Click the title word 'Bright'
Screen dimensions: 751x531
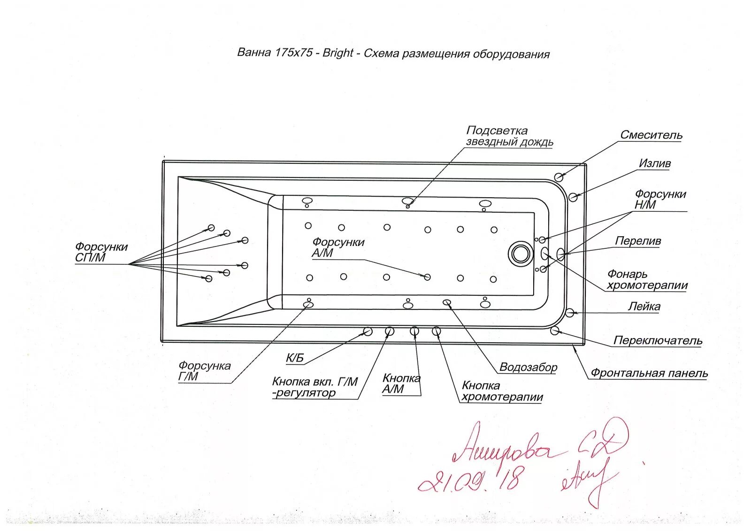pyautogui.click(x=337, y=53)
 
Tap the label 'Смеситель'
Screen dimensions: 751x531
pyautogui.click(x=651, y=135)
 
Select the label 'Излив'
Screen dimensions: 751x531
pyautogui.click(x=655, y=163)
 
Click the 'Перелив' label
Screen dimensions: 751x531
pyautogui.click(x=638, y=241)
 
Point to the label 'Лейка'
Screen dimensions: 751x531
pyautogui.click(x=644, y=307)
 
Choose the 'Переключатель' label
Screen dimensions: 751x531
pyautogui.click(x=658, y=341)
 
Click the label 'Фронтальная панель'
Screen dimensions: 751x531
pyautogui.click(x=649, y=373)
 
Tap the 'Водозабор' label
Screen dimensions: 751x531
pyautogui.click(x=528, y=367)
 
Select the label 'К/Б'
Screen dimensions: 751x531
pyautogui.click(x=295, y=359)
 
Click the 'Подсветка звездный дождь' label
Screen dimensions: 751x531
pyautogui.click(x=509, y=136)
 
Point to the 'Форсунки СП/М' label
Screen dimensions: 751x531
pyautogui.click(x=101, y=252)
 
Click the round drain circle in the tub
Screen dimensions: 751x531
pyautogui.click(x=521, y=254)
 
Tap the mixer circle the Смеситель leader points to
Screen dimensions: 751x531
pyautogui.click(x=559, y=177)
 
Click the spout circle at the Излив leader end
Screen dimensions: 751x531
pyautogui.click(x=573, y=197)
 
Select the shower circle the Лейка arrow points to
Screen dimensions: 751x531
pyautogui.click(x=570, y=313)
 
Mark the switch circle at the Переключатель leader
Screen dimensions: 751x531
pyautogui.click(x=555, y=331)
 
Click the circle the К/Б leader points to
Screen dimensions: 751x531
pyautogui.click(x=368, y=332)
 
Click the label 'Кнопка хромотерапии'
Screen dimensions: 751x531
pyautogui.click(x=502, y=392)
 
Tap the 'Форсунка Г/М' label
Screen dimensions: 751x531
pyautogui.click(x=204, y=371)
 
